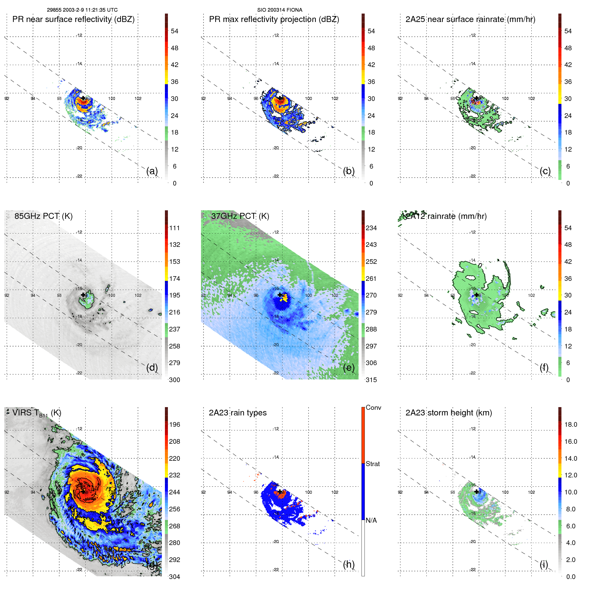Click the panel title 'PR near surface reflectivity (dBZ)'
coord(73,19)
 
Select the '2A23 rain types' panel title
coord(238,413)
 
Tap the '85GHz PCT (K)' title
coord(43,216)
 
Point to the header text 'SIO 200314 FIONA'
coord(280,10)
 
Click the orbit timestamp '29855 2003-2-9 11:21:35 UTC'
coord(82,10)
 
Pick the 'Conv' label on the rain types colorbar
coord(373,407)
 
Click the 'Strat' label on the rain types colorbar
coord(372,464)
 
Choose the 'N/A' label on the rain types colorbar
coord(371,520)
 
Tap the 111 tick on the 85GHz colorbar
coord(175,228)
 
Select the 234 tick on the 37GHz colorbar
coord(371,228)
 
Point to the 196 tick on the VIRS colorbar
coord(175,424)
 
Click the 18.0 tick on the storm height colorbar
coord(570,424)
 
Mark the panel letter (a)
coord(152,171)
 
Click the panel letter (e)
coord(349,367)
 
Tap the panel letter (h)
coord(349,564)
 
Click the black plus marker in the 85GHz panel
coord(83,295)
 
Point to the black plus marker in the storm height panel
coord(477,491)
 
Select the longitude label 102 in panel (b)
coord(334,99)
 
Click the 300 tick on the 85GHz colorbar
coord(175,380)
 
